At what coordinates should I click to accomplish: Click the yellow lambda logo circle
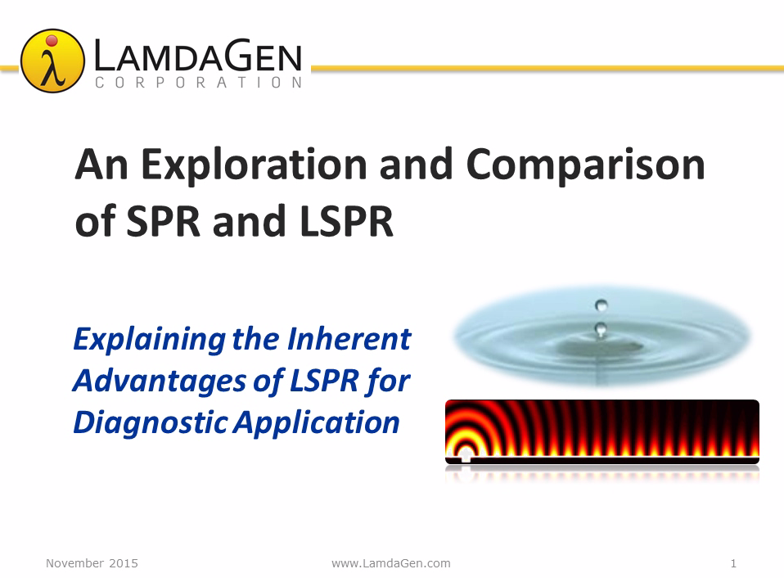(x=52, y=61)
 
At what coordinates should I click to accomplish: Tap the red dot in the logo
(x=52, y=40)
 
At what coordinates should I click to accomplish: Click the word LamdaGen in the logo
(x=198, y=56)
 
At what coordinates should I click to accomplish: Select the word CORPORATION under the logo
(x=199, y=83)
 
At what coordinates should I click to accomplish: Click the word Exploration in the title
(x=255, y=165)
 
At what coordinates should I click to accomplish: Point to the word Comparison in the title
(x=585, y=165)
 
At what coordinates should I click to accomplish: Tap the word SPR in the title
(x=163, y=222)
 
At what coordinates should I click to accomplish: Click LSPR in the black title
(x=346, y=222)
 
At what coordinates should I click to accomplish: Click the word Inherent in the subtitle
(x=349, y=338)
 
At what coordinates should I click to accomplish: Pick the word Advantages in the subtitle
(x=159, y=382)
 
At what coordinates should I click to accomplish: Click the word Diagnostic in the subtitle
(x=151, y=423)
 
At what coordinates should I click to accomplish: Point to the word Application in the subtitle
(x=317, y=423)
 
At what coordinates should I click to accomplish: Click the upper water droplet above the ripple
(x=601, y=305)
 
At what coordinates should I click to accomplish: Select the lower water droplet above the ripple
(x=601, y=329)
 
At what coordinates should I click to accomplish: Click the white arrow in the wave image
(x=466, y=454)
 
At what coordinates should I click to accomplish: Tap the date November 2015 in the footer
(x=92, y=563)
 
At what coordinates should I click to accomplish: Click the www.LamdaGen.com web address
(x=391, y=563)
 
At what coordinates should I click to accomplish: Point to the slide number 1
(x=733, y=563)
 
